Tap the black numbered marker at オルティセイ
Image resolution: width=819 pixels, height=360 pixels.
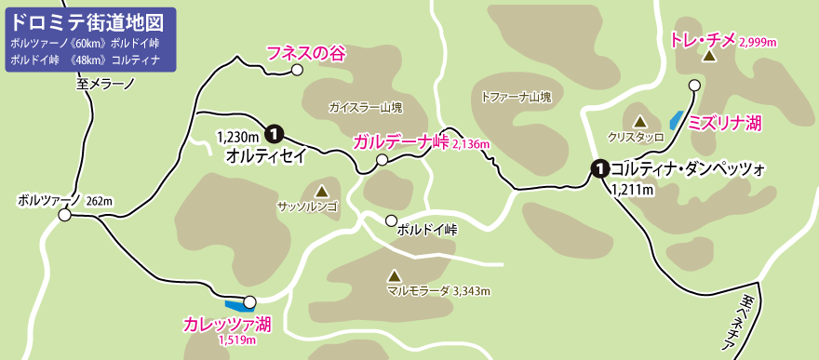pyautogui.click(x=275, y=132)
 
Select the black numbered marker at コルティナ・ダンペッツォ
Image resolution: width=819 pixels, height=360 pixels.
pyautogui.click(x=600, y=168)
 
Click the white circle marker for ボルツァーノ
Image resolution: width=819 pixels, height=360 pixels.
pyautogui.click(x=64, y=216)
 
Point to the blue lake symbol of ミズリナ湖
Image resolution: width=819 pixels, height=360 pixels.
pyautogui.click(x=675, y=121)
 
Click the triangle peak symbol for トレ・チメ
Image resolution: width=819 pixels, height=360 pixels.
pyautogui.click(x=708, y=57)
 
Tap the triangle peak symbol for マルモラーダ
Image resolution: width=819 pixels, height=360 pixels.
pyautogui.click(x=394, y=276)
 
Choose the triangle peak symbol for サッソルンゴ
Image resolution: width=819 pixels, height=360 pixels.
pyautogui.click(x=322, y=190)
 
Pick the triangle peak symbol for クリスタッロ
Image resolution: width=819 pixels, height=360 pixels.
pyautogui.click(x=640, y=121)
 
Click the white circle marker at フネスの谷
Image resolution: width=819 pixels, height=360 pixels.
pyautogui.click(x=297, y=70)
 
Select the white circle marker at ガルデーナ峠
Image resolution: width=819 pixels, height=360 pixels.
pyautogui.click(x=382, y=161)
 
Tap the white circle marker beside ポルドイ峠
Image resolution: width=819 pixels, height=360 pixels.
pyautogui.click(x=391, y=220)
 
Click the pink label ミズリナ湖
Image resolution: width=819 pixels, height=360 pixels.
pyautogui.click(x=725, y=123)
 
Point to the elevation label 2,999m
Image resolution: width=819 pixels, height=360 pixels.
pyautogui.click(x=758, y=43)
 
